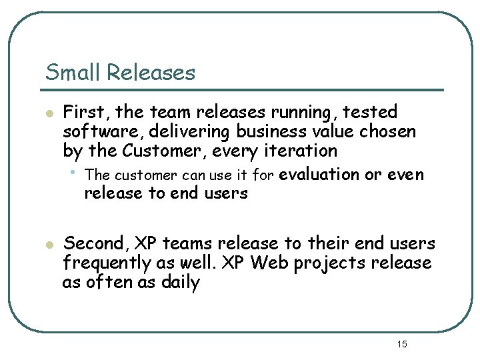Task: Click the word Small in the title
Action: [x=70, y=72]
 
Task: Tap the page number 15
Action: [x=401, y=344]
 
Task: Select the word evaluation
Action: [x=319, y=175]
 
